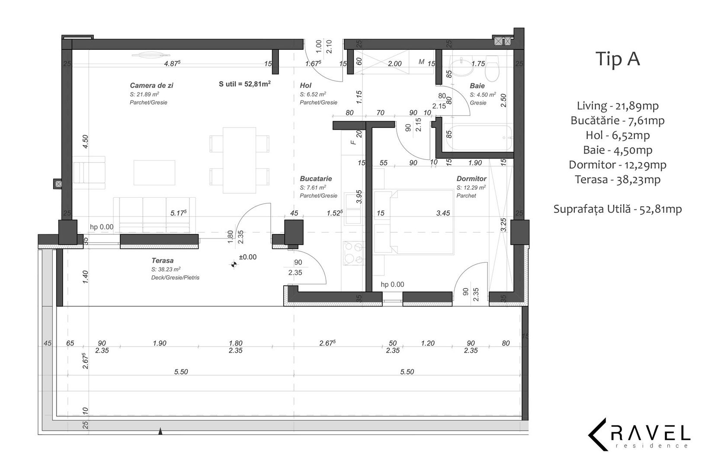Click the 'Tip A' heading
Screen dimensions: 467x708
[x=618, y=59]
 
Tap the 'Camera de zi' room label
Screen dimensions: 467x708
[x=151, y=86]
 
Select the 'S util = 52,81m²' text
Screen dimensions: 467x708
[x=245, y=84]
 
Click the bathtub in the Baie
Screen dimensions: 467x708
[x=478, y=138]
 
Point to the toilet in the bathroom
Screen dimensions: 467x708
[x=493, y=70]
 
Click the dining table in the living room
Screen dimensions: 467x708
[x=239, y=160]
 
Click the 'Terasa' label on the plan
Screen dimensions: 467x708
[x=163, y=261]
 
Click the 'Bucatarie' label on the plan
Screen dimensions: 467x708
[x=316, y=179]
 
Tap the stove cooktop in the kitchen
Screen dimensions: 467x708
[x=353, y=253]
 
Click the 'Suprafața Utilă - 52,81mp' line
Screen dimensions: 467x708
[x=617, y=209]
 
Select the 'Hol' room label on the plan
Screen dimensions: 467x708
[x=305, y=86]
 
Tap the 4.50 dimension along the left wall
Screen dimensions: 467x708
[x=85, y=142]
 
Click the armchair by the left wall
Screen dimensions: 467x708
[x=90, y=173]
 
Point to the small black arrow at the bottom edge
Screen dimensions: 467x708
[x=160, y=431]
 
